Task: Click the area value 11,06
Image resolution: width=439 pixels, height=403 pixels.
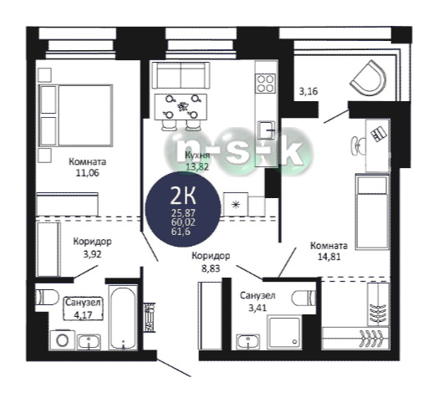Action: [x=87, y=173]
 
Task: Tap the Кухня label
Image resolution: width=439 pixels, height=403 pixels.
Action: [x=197, y=156]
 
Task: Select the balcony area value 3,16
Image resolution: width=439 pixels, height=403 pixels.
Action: [x=309, y=91]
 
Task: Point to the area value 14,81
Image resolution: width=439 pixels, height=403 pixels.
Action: [x=329, y=257]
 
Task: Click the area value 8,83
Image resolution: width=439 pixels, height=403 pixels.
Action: [x=211, y=268]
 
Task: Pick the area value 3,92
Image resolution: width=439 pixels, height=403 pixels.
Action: [x=92, y=254]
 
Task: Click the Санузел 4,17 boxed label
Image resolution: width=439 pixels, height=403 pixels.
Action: [x=83, y=309]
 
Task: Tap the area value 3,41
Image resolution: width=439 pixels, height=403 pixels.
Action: [x=258, y=308]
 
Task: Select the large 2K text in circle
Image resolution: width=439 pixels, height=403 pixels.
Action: [x=183, y=196]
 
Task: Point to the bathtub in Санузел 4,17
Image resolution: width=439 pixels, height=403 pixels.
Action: [x=123, y=318]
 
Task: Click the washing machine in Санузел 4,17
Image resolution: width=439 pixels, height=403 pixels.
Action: [x=63, y=339]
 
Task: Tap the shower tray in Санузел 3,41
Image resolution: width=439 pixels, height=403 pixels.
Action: [x=284, y=333]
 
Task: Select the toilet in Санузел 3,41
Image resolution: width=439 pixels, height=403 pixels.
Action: [x=304, y=298]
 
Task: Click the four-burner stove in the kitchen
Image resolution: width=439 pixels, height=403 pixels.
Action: [x=266, y=84]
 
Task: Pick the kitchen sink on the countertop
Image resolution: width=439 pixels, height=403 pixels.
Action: [x=266, y=130]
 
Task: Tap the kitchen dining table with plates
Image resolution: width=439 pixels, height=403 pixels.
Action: [x=181, y=107]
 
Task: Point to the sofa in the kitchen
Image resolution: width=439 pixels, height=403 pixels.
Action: [x=181, y=75]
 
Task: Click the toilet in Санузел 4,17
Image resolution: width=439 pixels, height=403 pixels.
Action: [x=47, y=297]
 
